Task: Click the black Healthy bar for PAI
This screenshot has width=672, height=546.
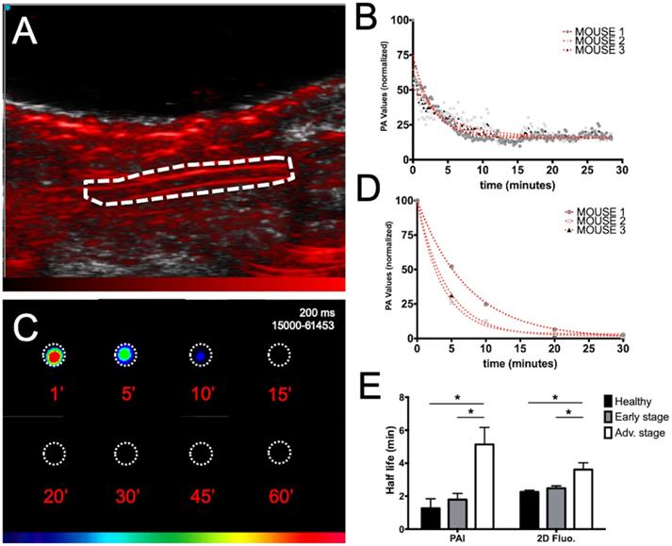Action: tap(430, 519)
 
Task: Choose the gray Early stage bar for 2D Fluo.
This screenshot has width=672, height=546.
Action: tap(556, 509)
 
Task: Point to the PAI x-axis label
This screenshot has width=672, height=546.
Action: tap(458, 539)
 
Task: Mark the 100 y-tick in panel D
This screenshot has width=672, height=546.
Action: tap(402, 201)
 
